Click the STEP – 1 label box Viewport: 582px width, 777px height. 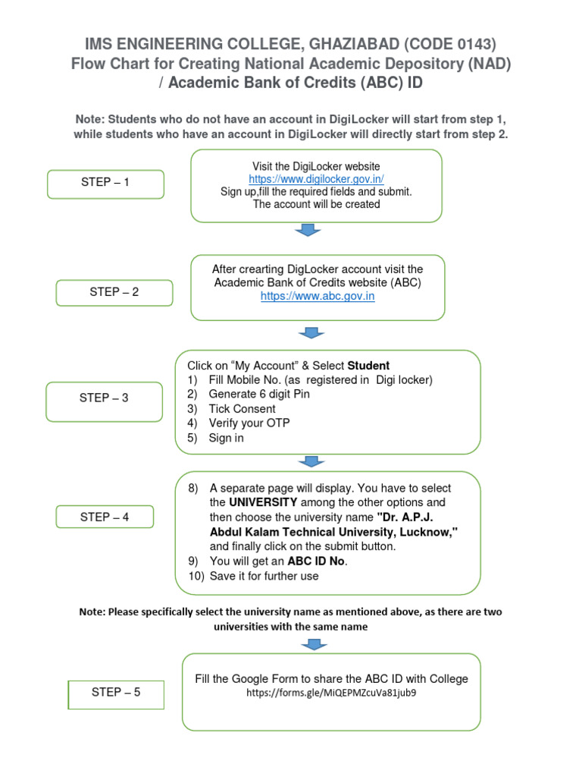point(105,184)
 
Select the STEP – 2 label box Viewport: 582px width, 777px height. point(114,293)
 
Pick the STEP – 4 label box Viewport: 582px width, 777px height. point(105,517)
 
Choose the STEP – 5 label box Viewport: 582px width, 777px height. point(116,693)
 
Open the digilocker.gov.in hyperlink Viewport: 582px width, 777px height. point(316,179)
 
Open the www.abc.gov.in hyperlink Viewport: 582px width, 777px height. point(318,297)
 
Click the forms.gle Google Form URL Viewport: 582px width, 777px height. point(331,693)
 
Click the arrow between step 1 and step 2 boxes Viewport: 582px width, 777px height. point(307,231)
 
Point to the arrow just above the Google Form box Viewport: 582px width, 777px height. point(314,644)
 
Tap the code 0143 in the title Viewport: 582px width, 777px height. point(469,44)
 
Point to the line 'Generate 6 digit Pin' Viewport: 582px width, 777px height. point(259,395)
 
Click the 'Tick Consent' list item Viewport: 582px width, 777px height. point(242,409)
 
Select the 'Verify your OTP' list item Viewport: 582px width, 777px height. point(249,423)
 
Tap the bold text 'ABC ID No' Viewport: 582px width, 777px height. point(317,562)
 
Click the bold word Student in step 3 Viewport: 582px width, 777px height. point(368,366)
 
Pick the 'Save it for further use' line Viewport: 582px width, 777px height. point(264,576)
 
